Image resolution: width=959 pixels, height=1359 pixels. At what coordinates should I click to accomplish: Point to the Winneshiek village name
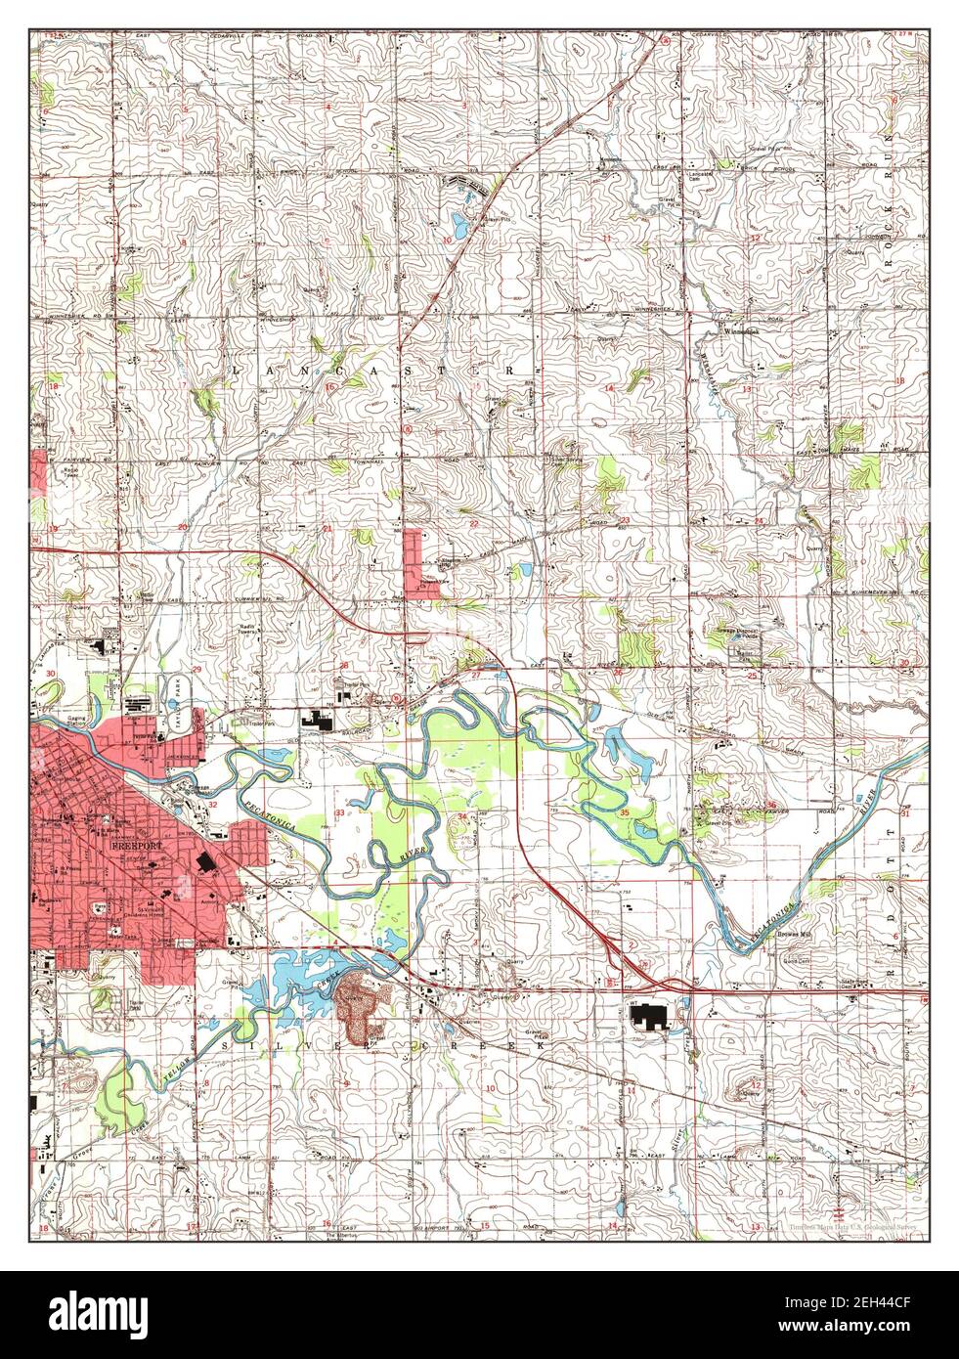coord(741,330)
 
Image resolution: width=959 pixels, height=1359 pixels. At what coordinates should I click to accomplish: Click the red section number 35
coord(623,812)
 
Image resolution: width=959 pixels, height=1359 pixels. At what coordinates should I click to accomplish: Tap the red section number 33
coord(339,812)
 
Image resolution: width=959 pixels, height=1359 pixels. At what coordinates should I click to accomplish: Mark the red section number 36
coord(772,805)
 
